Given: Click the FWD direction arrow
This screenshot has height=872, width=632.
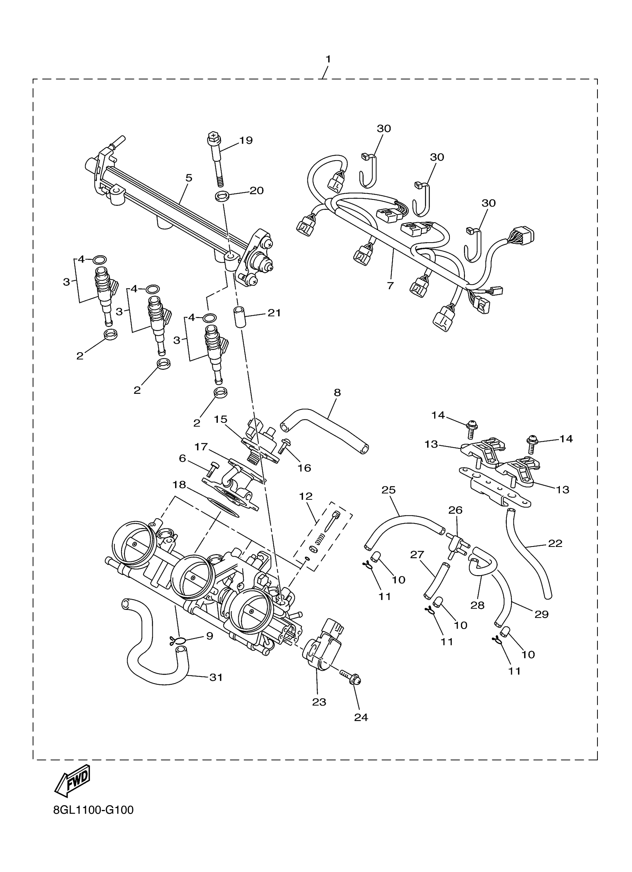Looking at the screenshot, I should (73, 781).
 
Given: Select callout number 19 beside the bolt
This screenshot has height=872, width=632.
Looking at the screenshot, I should (246, 140).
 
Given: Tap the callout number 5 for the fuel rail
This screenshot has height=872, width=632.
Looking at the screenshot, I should (188, 178).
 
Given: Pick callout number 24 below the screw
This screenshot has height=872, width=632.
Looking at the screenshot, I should (361, 717).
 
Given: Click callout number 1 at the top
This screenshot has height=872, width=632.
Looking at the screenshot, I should (328, 59).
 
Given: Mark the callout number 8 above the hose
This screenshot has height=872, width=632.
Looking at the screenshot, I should (337, 393).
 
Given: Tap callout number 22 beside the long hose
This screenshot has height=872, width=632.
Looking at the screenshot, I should (555, 543).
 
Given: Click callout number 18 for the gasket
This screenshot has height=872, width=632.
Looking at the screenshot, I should (179, 485).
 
